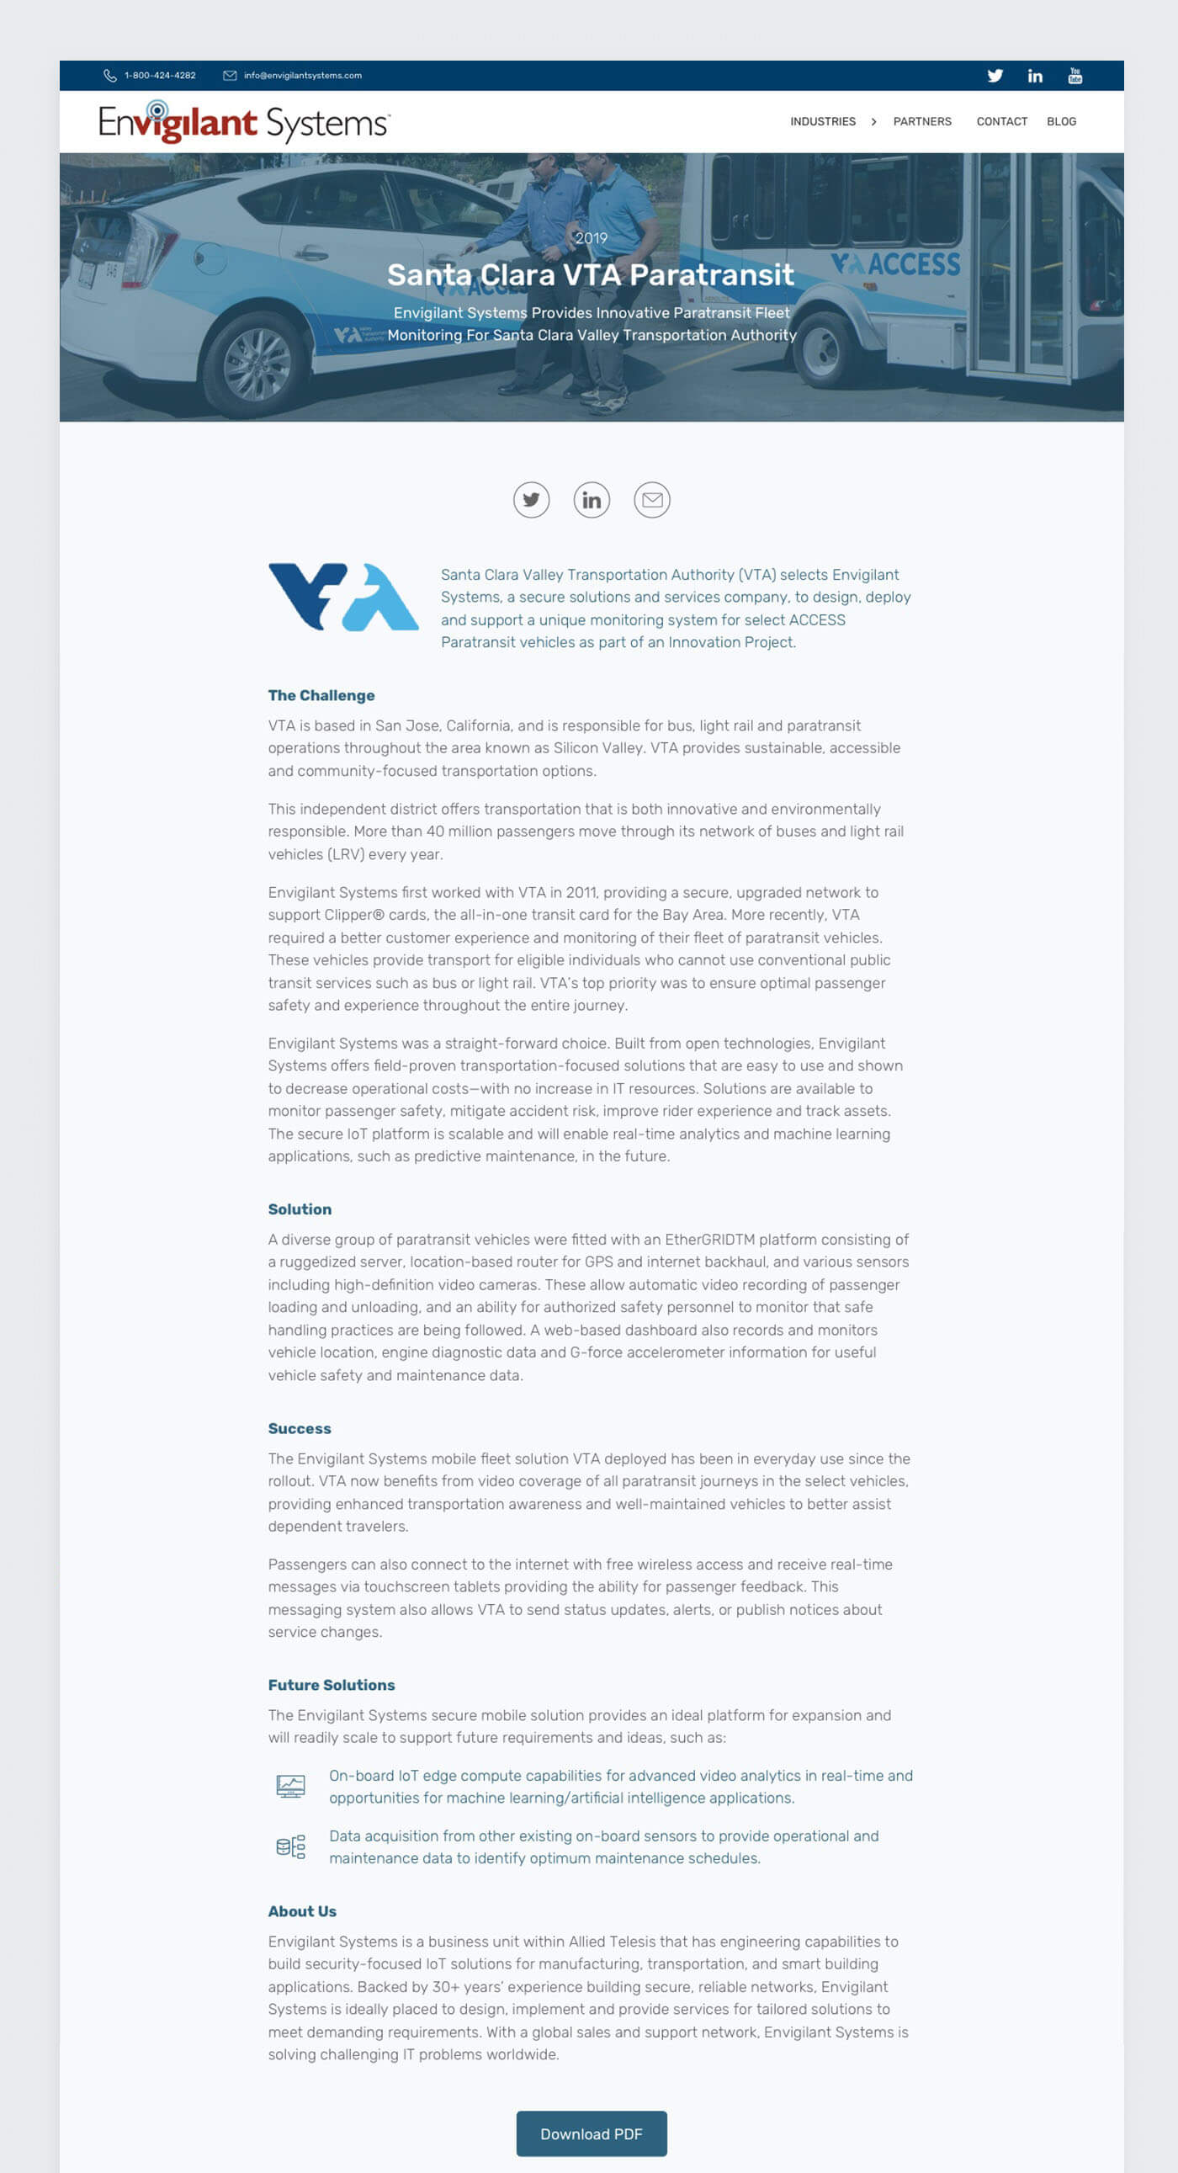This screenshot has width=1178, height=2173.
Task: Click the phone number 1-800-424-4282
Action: (x=159, y=76)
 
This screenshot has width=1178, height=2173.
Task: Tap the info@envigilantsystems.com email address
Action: (x=302, y=76)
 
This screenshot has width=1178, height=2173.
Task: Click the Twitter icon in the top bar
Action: (x=995, y=76)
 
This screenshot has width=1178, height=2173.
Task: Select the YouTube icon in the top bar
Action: (x=1075, y=76)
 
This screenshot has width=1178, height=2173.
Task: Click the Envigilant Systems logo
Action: (x=244, y=122)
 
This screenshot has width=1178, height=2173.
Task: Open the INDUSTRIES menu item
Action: (x=822, y=121)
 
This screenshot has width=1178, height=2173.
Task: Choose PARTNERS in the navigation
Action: (x=921, y=121)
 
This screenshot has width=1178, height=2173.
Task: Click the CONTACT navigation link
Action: (x=1001, y=121)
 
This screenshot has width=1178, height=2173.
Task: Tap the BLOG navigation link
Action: (x=1061, y=121)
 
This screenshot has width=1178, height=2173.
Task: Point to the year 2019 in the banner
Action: (x=591, y=239)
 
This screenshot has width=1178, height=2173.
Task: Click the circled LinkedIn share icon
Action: (x=592, y=500)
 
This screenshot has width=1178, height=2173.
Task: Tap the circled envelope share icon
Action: (x=651, y=500)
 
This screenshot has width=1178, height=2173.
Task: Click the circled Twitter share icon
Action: (x=531, y=500)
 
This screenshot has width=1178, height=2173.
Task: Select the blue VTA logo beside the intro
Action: (x=342, y=598)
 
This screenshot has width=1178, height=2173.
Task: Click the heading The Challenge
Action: (x=321, y=696)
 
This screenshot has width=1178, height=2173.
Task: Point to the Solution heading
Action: (x=300, y=1209)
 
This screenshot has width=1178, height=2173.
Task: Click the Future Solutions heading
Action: (x=332, y=1686)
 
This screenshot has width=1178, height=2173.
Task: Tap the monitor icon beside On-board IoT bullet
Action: (x=290, y=1787)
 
